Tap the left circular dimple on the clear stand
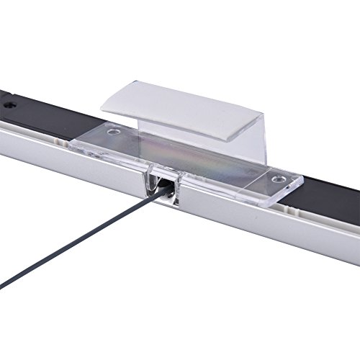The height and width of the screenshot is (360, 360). (x=112, y=132)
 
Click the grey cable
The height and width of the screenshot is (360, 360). (x=86, y=238)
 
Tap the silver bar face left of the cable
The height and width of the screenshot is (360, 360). (x=79, y=166)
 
